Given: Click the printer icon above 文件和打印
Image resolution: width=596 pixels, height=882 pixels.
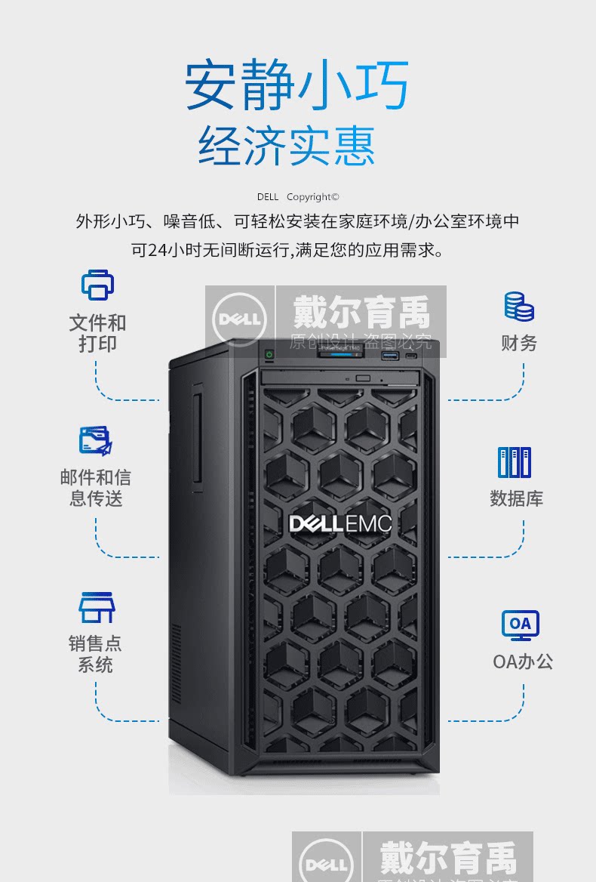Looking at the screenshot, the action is pos(97,285).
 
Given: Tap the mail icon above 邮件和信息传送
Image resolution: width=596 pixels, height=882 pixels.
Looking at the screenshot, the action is pos(96,441).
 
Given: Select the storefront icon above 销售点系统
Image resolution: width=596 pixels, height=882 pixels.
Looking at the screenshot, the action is pos(97,607).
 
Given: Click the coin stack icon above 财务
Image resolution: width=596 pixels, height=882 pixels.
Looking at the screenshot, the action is pos(519,307).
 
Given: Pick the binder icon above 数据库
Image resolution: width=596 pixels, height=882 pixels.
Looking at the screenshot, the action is pos(515,462).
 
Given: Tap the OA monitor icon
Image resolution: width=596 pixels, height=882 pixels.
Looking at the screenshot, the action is pos(521,625).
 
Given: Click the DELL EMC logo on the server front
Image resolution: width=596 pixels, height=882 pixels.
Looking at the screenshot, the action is pos(340,523).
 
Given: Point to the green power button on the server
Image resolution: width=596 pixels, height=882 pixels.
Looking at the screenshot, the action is pos(269,353).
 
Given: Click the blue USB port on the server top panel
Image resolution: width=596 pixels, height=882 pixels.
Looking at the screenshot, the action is pos(389,355).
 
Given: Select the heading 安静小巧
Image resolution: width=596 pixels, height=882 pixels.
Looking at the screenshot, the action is pos(297,85).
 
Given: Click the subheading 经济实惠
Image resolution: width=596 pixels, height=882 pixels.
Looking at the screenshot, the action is pos(287,145).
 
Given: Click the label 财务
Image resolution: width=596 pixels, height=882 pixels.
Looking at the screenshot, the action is pos(519,343).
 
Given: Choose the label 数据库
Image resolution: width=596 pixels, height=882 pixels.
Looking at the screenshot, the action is pos(517,498).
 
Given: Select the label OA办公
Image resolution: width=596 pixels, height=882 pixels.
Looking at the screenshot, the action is pos(523,661).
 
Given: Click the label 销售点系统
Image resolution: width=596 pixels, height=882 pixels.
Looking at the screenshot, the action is pos(95,654).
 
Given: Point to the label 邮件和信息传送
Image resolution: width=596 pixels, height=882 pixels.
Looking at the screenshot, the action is pos(96,488).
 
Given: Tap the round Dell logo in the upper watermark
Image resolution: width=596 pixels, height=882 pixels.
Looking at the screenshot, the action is pos(240,319).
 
